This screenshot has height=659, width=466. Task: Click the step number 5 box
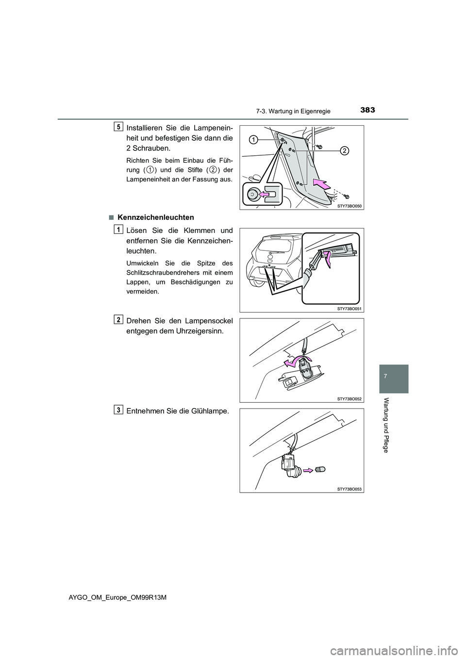119,127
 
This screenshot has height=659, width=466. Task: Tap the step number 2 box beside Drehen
119,319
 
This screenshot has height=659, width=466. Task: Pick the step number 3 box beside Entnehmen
119,410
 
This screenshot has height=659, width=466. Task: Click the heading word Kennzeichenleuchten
155,217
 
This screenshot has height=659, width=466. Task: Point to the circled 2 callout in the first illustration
343,151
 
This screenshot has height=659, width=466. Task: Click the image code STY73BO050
349,206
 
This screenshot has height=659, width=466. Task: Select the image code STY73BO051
349,308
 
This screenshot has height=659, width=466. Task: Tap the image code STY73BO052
349,398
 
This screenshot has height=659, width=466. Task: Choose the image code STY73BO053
349,489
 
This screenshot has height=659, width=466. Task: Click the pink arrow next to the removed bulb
308,469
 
